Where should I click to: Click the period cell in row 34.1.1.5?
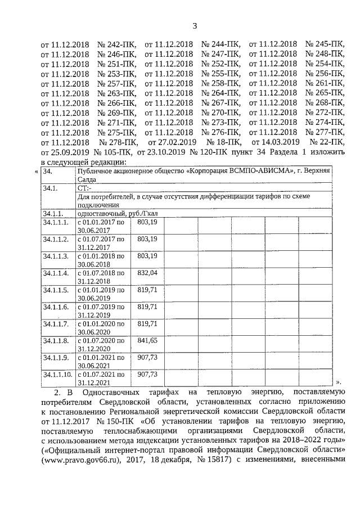[100, 294]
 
